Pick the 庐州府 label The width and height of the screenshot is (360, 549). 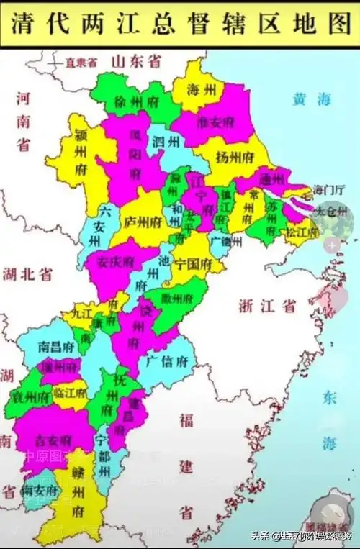[142, 222]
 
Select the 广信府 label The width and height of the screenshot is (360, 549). [167, 361]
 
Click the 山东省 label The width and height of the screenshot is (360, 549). [136, 62]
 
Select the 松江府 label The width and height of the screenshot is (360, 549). [301, 232]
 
